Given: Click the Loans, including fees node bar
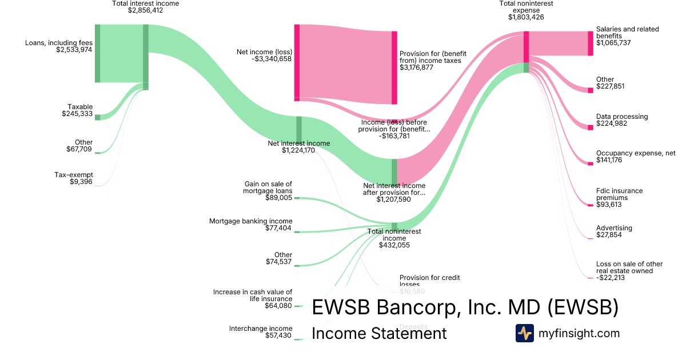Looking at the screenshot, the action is coord(97,54).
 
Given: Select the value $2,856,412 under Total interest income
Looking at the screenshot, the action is coord(145,10).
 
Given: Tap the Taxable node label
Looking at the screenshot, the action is coord(80,107).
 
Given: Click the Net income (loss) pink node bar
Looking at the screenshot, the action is coord(297,63).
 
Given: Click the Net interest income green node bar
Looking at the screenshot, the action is coord(298,129).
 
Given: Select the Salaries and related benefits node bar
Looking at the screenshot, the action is coord(591,43).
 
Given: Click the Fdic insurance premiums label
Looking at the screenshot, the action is coord(619,194).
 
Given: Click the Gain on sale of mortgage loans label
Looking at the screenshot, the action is coord(268,187).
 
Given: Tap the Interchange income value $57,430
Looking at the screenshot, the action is coord(278,336).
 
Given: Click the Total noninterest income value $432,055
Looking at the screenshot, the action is coord(394,245).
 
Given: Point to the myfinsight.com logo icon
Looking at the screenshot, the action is coord(524,333).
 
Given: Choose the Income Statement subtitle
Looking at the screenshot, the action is coord(379,333).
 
